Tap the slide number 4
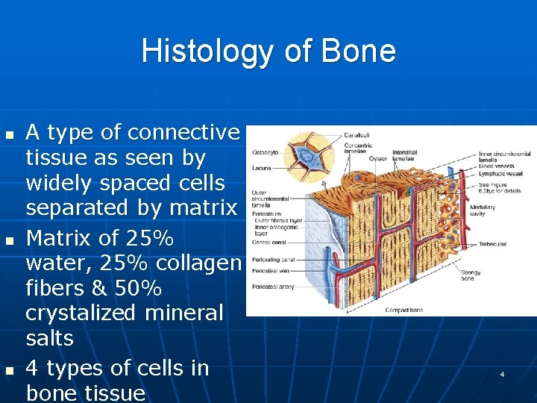coord(502,372)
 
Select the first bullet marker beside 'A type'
coord(9,135)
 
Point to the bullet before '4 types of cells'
coord(9,371)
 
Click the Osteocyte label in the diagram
coord(265,151)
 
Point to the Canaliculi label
coord(357,135)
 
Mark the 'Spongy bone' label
coord(471,275)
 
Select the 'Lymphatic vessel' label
coord(500,173)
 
